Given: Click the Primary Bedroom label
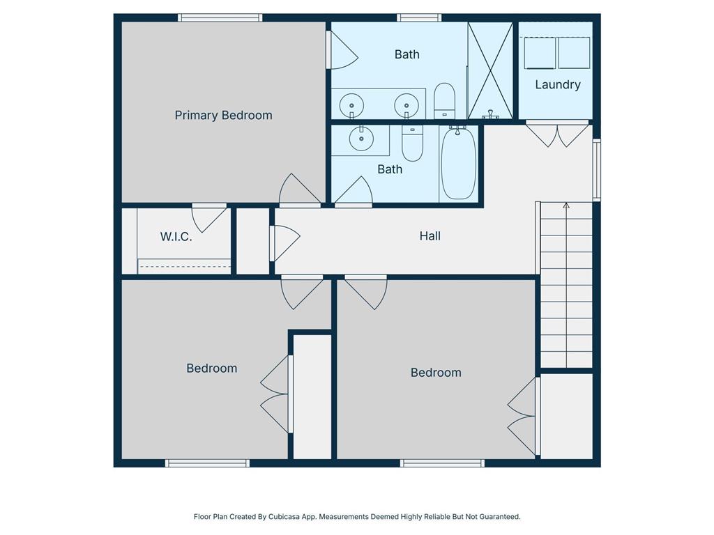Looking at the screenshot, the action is (224, 116).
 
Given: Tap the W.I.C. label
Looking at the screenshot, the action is (176, 237).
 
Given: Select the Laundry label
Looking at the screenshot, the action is (558, 84).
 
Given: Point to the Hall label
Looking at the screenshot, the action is (430, 235).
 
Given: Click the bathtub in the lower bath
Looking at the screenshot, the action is (459, 163).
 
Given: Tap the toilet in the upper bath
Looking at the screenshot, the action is (444, 101).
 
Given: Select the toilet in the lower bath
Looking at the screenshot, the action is (413, 144).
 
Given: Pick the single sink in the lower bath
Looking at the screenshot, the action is (362, 139).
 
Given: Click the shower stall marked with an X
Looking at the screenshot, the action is (490, 70).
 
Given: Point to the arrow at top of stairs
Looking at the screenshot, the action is (566, 206).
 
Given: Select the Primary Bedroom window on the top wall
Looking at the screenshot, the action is (220, 17).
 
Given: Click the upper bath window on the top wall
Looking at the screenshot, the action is (419, 17).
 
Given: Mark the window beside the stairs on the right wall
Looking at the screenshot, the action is (597, 170).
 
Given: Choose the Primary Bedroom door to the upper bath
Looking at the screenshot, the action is (342, 50).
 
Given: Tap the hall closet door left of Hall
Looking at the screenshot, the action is (284, 243).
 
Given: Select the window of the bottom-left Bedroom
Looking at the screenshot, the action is (207, 463).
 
